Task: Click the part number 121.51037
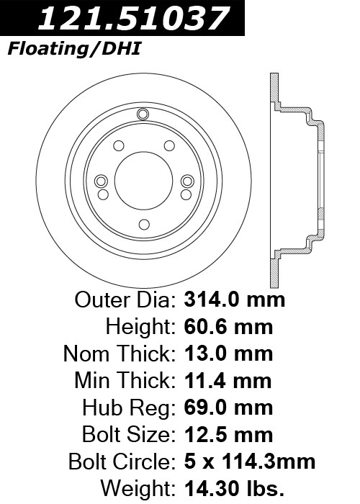click(x=134, y=18)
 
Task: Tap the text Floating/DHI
click(x=74, y=49)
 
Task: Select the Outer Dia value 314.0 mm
click(x=234, y=300)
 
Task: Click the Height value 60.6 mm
click(x=228, y=327)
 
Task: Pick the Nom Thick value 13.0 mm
click(x=228, y=354)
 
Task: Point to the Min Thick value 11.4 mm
click(x=228, y=381)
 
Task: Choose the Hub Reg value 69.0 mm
click(x=228, y=408)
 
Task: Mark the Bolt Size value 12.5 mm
click(x=228, y=435)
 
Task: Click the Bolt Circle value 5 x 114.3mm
click(x=249, y=462)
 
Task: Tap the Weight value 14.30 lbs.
click(x=234, y=489)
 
